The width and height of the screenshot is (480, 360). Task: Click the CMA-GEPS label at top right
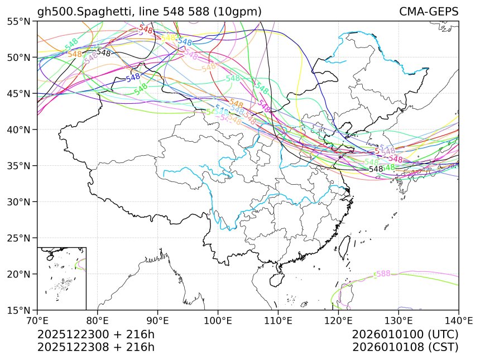point(428,12)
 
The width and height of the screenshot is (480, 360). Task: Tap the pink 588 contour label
point(383,273)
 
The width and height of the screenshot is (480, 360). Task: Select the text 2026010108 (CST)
point(405,347)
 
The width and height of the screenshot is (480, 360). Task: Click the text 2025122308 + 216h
point(95,347)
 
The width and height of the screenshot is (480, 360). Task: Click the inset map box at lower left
point(61,278)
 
